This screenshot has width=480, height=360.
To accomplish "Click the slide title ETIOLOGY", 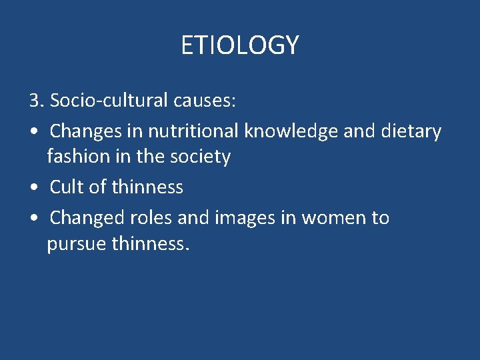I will (240, 45).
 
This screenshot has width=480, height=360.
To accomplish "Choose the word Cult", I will (67, 187).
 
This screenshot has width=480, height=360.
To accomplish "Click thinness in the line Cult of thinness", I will (147, 187).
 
